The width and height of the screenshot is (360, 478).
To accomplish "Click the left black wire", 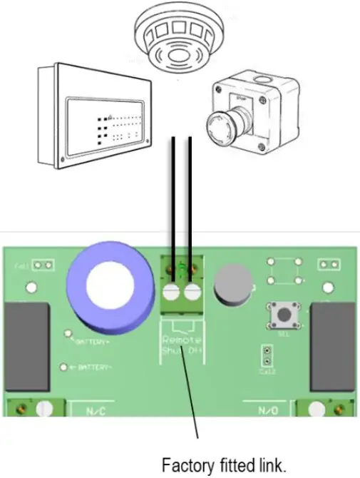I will (173, 200).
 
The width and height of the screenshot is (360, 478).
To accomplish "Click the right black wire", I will (190, 200).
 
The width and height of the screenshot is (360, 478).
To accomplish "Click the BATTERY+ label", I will (95, 342).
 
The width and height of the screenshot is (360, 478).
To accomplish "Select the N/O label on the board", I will (272, 411).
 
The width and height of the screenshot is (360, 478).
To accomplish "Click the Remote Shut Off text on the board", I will (182, 345).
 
